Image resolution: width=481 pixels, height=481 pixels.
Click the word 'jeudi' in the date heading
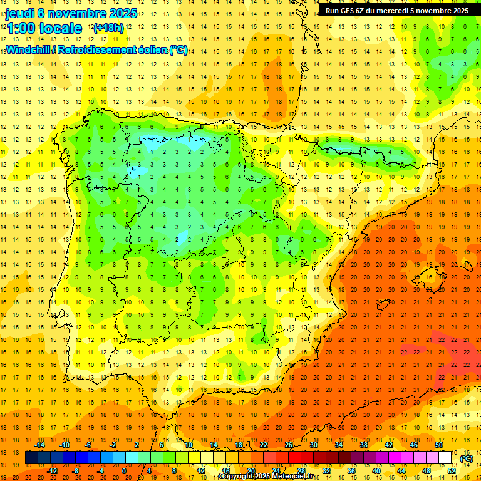21,13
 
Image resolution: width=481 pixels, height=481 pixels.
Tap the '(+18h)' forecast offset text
108,28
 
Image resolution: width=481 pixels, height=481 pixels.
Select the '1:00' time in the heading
21,28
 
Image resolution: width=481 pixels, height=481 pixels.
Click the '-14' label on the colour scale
42,445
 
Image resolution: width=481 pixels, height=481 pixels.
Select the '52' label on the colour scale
452,471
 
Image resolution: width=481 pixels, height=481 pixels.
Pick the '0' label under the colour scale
123,471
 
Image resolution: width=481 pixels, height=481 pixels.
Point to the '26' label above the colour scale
289,445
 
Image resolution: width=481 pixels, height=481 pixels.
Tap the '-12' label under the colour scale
52,471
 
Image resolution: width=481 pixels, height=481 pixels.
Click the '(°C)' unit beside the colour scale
467,458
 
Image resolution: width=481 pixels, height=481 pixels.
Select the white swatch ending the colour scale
445,458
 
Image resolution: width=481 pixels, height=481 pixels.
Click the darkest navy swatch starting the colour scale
31,458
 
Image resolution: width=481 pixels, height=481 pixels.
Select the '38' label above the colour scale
363,445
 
